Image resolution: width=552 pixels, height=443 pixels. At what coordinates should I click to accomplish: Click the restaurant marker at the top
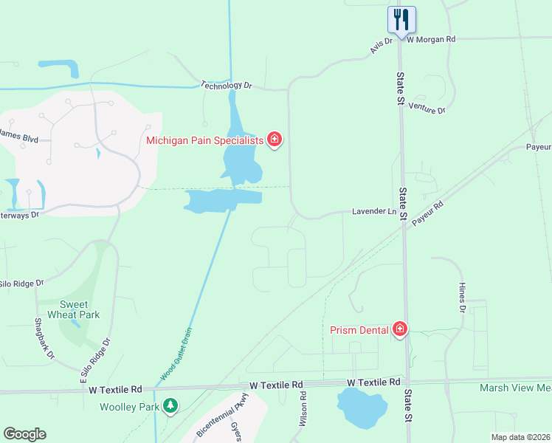click(401, 19)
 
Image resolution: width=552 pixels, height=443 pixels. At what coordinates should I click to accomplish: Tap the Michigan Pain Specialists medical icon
click(275, 139)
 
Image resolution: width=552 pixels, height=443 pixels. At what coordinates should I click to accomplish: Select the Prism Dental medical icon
click(400, 329)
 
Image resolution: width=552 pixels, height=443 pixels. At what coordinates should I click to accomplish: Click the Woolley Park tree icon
click(171, 406)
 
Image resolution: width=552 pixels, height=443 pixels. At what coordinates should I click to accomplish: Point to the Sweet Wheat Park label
click(74, 310)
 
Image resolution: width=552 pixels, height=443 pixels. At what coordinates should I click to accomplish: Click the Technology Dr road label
click(227, 86)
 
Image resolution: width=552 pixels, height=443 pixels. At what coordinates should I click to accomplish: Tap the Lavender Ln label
click(373, 211)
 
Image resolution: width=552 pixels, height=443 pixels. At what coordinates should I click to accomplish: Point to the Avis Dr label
click(381, 47)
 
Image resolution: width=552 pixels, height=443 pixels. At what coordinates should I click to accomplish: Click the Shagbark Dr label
click(45, 339)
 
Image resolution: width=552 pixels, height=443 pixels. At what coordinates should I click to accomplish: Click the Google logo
click(24, 434)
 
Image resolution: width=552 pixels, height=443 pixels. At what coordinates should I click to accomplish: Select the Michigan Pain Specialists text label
click(204, 140)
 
